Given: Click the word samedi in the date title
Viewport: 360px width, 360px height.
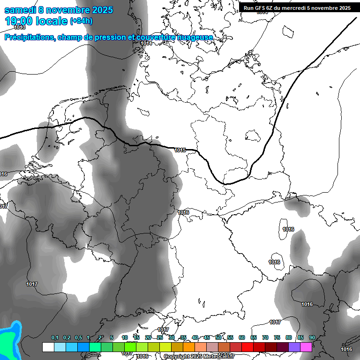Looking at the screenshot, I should [x=18, y=10].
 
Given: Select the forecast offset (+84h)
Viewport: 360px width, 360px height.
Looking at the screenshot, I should [x=81, y=22].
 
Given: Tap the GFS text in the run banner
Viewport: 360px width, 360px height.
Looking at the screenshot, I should [x=262, y=8].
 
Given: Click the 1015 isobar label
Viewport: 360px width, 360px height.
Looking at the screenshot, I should [x=180, y=150].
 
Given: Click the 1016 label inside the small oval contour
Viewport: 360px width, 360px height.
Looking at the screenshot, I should [x=288, y=229].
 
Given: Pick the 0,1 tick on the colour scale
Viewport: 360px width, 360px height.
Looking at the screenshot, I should [x=55, y=338].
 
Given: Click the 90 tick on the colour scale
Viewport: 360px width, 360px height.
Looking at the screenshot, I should [x=312, y=338].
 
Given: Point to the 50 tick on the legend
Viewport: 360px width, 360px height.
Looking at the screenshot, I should [x=218, y=338].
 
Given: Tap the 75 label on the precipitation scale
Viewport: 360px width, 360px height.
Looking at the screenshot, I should [x=277, y=338].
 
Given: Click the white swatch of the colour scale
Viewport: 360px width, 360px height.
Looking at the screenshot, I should [x=48, y=347].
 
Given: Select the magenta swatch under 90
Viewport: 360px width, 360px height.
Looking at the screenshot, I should [x=306, y=347].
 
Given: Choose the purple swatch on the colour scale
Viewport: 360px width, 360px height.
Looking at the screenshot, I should [x=294, y=347].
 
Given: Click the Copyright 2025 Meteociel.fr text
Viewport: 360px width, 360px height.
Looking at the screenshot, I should [x=199, y=357].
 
